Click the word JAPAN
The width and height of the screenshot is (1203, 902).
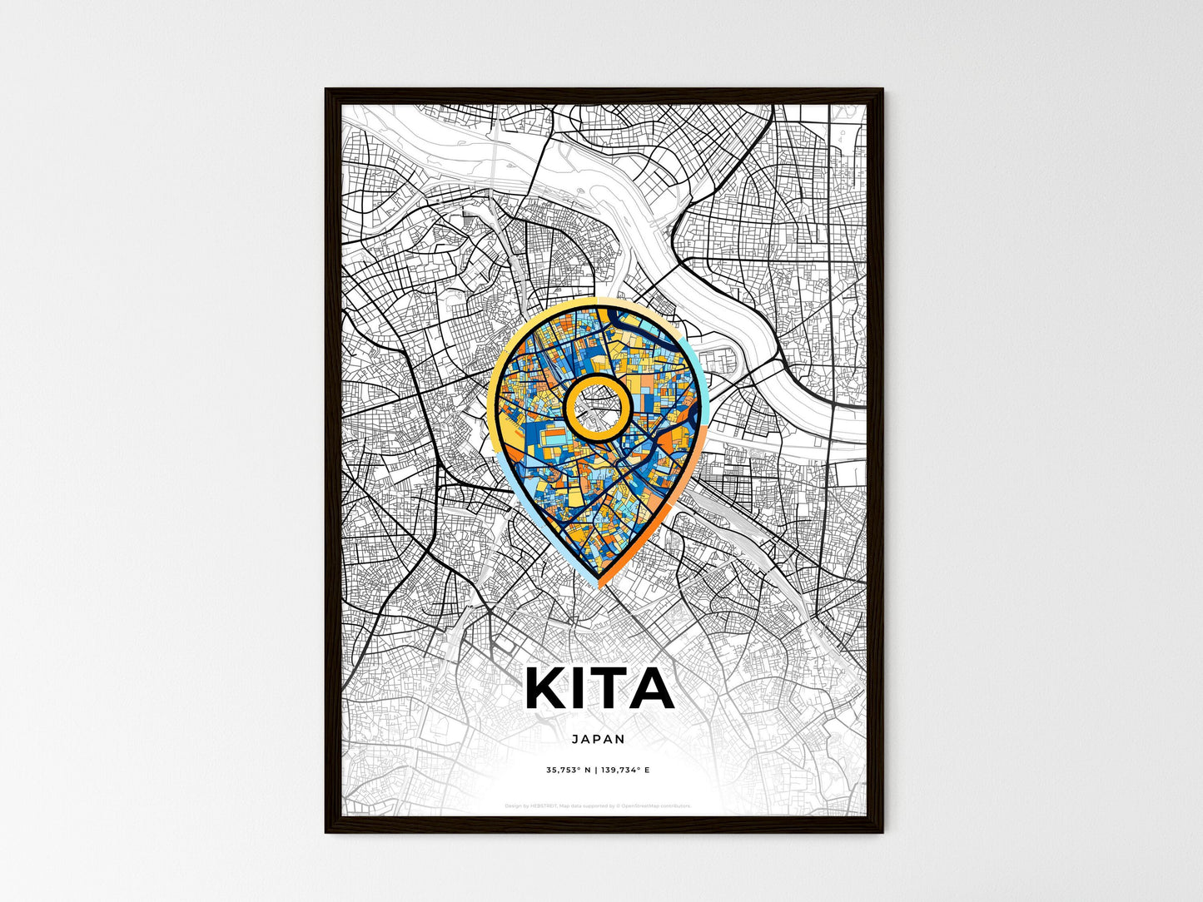(599, 738)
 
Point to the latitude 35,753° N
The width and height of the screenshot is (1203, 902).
(569, 771)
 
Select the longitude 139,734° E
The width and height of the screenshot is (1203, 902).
(625, 771)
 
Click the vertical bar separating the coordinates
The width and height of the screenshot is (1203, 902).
(597, 771)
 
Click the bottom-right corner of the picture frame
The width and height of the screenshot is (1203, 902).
(882, 831)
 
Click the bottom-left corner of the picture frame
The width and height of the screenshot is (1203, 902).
(327, 831)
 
